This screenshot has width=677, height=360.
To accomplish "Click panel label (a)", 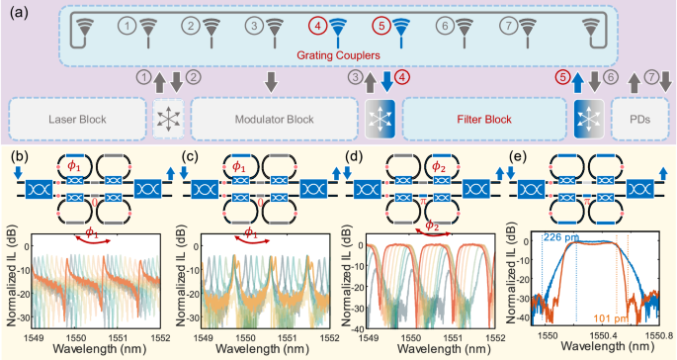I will point(16,13).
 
